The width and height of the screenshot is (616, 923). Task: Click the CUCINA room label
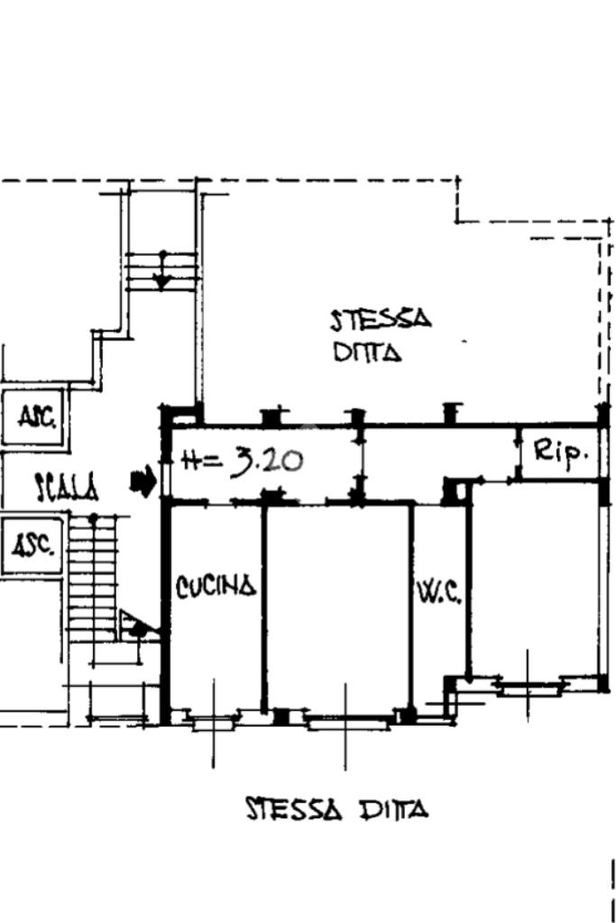216,587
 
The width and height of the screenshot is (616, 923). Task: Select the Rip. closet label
561,452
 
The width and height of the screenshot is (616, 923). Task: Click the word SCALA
67,488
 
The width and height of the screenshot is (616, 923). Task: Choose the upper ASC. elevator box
33,417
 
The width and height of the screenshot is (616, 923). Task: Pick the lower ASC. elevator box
32,545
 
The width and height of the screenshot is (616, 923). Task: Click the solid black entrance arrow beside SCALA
143,482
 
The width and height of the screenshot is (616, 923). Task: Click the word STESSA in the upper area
381,320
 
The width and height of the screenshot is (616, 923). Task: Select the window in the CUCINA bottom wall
213,719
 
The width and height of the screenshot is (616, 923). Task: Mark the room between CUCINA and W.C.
337,607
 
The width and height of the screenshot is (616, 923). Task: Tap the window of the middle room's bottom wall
346,720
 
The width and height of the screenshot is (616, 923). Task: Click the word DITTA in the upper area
368,352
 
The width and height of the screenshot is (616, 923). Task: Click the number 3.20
267,461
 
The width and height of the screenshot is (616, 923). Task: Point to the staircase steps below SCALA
93,574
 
